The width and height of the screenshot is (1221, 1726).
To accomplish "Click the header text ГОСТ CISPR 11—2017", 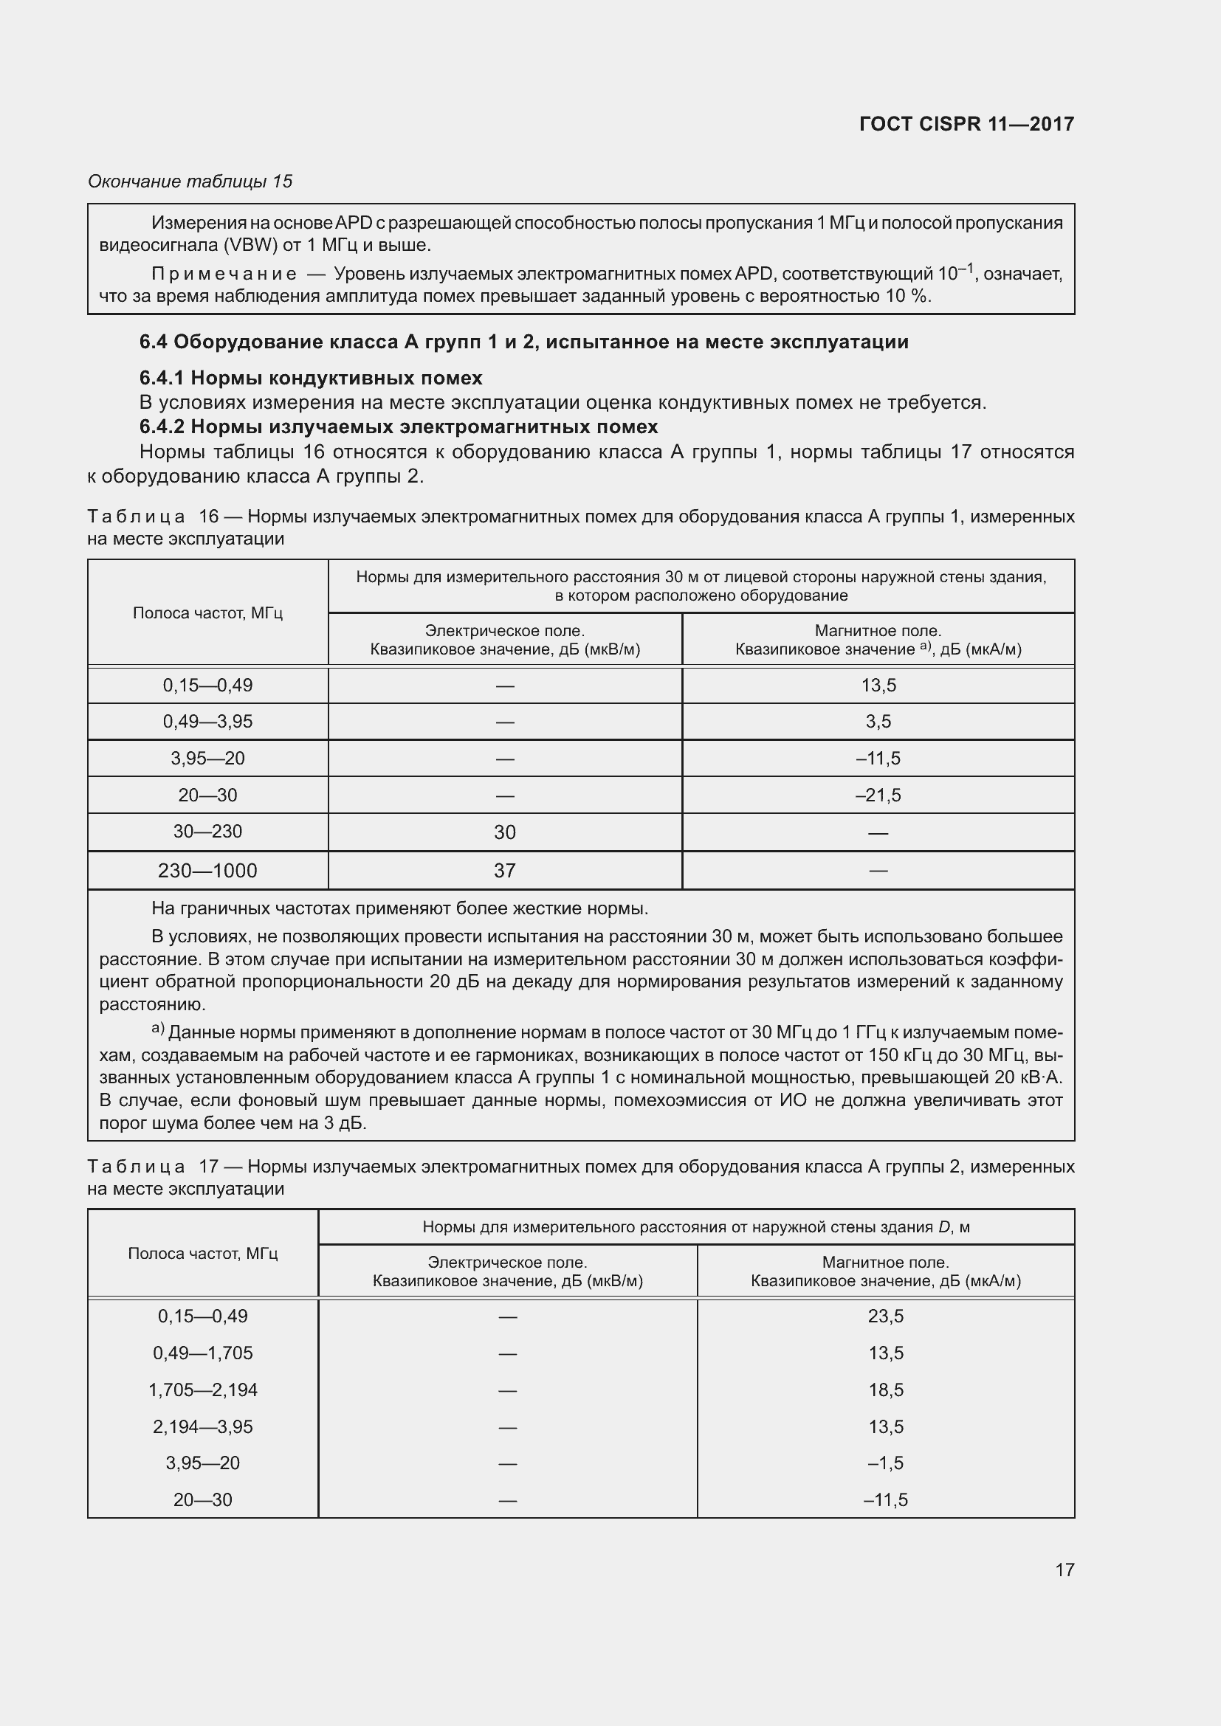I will coord(966,124).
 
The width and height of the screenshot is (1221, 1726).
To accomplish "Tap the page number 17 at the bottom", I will coord(1064,1570).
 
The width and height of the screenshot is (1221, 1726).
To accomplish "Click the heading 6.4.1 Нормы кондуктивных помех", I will coord(311,377).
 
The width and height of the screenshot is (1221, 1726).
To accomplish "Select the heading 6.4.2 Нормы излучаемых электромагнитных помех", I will coord(399,427).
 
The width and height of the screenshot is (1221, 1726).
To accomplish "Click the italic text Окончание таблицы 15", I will coord(190,182).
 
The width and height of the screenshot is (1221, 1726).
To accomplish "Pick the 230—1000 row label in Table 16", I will coord(207,871).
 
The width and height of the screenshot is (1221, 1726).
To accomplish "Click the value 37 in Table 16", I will coord(504,871).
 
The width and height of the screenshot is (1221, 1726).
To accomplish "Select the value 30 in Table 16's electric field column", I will coord(504,832).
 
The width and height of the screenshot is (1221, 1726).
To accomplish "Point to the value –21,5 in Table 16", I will coord(878,795).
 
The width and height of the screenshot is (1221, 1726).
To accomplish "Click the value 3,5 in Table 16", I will coord(878,722).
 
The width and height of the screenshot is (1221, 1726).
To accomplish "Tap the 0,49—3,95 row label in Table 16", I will coord(207,722).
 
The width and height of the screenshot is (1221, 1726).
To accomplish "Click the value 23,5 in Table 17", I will coord(886,1316).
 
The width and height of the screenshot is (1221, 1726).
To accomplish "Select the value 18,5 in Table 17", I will coord(886,1390).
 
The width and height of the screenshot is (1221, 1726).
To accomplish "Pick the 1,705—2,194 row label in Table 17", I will coord(203,1390).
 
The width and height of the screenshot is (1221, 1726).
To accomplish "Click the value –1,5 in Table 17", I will coord(886,1463).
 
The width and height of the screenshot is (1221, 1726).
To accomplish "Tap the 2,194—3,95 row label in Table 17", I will coord(203,1427).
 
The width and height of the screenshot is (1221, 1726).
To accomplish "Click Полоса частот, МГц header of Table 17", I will coord(203,1253).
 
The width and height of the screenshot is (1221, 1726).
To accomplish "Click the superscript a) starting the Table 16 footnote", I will coord(158,1029).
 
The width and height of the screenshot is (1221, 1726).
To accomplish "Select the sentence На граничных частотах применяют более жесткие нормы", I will coord(399,908).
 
